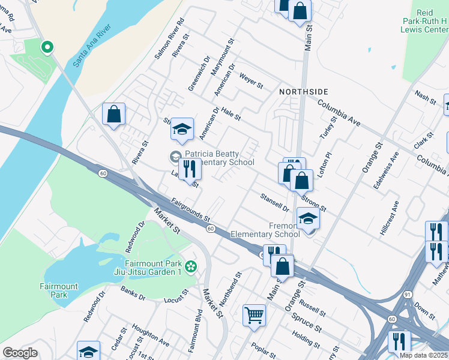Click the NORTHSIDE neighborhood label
303,91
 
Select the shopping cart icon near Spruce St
254,314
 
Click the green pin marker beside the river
46,46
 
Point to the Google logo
20,353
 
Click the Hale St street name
231,111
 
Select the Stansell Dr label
275,202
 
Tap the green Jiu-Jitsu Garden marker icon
191,266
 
